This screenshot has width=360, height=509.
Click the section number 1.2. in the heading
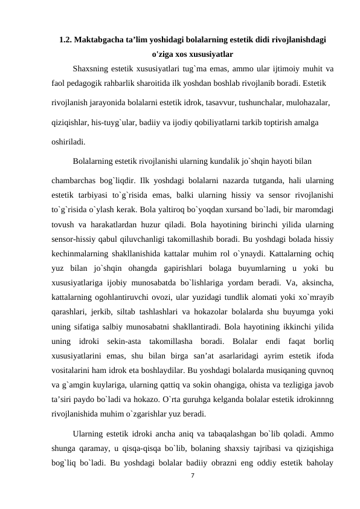pos(66,41)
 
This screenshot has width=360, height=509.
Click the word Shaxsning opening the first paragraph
pos(92,68)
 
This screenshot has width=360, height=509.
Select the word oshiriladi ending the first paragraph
pos(66,143)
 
